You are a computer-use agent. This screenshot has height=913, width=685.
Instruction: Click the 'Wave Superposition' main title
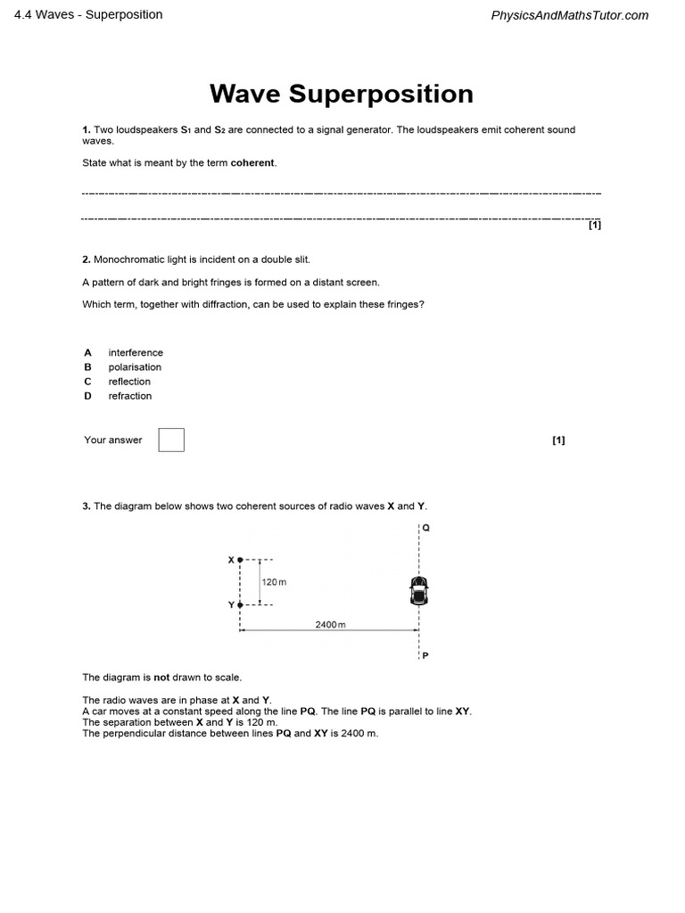(x=342, y=94)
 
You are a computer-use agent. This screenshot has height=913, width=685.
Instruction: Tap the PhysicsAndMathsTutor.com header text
(x=570, y=15)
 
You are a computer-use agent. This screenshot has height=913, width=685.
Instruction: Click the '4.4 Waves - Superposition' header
(x=89, y=14)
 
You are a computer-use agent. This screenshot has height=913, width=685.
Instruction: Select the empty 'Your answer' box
(x=171, y=440)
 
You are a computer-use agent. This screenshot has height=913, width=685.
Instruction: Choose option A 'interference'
(x=136, y=352)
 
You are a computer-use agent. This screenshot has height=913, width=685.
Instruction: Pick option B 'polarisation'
(x=135, y=366)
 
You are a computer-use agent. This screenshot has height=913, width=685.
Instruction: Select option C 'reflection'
(x=129, y=381)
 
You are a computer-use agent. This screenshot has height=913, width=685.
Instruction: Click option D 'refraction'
(x=130, y=395)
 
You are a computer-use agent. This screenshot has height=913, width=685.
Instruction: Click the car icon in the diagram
(x=419, y=589)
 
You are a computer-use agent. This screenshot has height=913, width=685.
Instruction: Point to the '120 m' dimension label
(x=274, y=582)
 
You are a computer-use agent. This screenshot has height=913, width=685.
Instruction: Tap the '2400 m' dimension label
(x=329, y=624)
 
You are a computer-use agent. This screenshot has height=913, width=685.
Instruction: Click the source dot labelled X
(x=240, y=560)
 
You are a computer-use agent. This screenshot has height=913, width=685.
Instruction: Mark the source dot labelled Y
(x=240, y=605)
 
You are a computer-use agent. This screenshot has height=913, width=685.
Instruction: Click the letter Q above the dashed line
(x=426, y=527)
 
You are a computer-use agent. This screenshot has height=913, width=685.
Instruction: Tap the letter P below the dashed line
(x=425, y=655)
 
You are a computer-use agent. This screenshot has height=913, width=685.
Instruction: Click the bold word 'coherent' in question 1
(x=253, y=162)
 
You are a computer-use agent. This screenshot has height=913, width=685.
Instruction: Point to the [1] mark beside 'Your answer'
(x=558, y=440)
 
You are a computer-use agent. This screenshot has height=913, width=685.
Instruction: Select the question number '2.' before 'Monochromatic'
(x=87, y=259)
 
